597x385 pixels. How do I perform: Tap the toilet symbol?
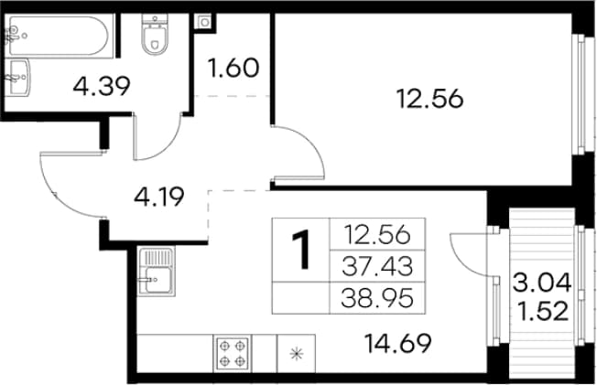pyautogui.click(x=154, y=34)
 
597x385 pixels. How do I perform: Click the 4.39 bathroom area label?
pyautogui.click(x=102, y=86)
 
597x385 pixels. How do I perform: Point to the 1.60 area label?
pyautogui.click(x=233, y=68)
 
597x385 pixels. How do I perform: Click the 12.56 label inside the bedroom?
pyautogui.click(x=429, y=99)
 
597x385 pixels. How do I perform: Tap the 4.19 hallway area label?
pyautogui.click(x=159, y=197)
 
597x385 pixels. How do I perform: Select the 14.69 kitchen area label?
pyautogui.click(x=397, y=343)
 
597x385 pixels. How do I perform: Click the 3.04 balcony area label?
pyautogui.click(x=542, y=283)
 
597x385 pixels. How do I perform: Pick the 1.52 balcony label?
pyautogui.click(x=544, y=311)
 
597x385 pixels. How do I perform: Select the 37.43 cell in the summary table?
pyautogui.click(x=377, y=266)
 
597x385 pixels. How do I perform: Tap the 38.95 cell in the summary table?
pyautogui.click(x=377, y=297)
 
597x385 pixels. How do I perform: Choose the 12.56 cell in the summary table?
pyautogui.click(x=377, y=234)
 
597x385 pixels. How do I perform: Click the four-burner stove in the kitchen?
pyautogui.click(x=233, y=353)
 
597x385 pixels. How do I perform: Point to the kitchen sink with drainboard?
pyautogui.click(x=157, y=271)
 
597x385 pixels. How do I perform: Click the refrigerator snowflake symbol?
pyautogui.click(x=297, y=354)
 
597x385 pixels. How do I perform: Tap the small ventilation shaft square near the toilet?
pyautogui.click(x=205, y=23)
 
